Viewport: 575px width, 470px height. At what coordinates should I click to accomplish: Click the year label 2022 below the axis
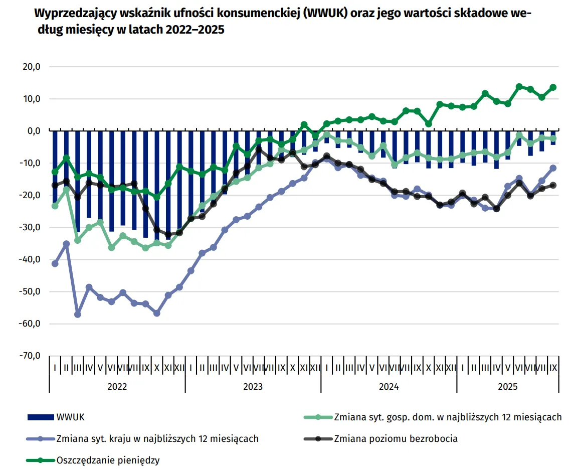click(x=117, y=387)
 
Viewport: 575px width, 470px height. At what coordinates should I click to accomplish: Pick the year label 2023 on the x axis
click(x=253, y=387)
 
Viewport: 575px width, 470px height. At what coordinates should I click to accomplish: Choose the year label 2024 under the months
click(x=389, y=387)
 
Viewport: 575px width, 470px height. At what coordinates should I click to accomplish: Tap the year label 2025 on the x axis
click(x=507, y=387)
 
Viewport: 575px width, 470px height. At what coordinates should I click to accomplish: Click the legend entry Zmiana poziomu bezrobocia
click(x=396, y=438)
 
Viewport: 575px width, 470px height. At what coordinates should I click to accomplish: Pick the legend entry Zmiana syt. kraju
click(x=157, y=438)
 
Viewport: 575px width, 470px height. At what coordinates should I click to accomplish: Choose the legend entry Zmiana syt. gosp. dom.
click(x=447, y=417)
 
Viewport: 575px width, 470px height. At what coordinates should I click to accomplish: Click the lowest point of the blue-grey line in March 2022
click(x=78, y=315)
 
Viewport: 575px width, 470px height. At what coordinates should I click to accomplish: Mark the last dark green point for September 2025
click(x=553, y=87)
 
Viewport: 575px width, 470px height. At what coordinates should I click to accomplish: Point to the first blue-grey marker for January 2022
click(x=55, y=264)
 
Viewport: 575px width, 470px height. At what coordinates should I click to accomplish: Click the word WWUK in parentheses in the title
click(x=325, y=13)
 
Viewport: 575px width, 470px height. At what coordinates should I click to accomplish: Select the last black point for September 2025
click(x=553, y=185)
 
